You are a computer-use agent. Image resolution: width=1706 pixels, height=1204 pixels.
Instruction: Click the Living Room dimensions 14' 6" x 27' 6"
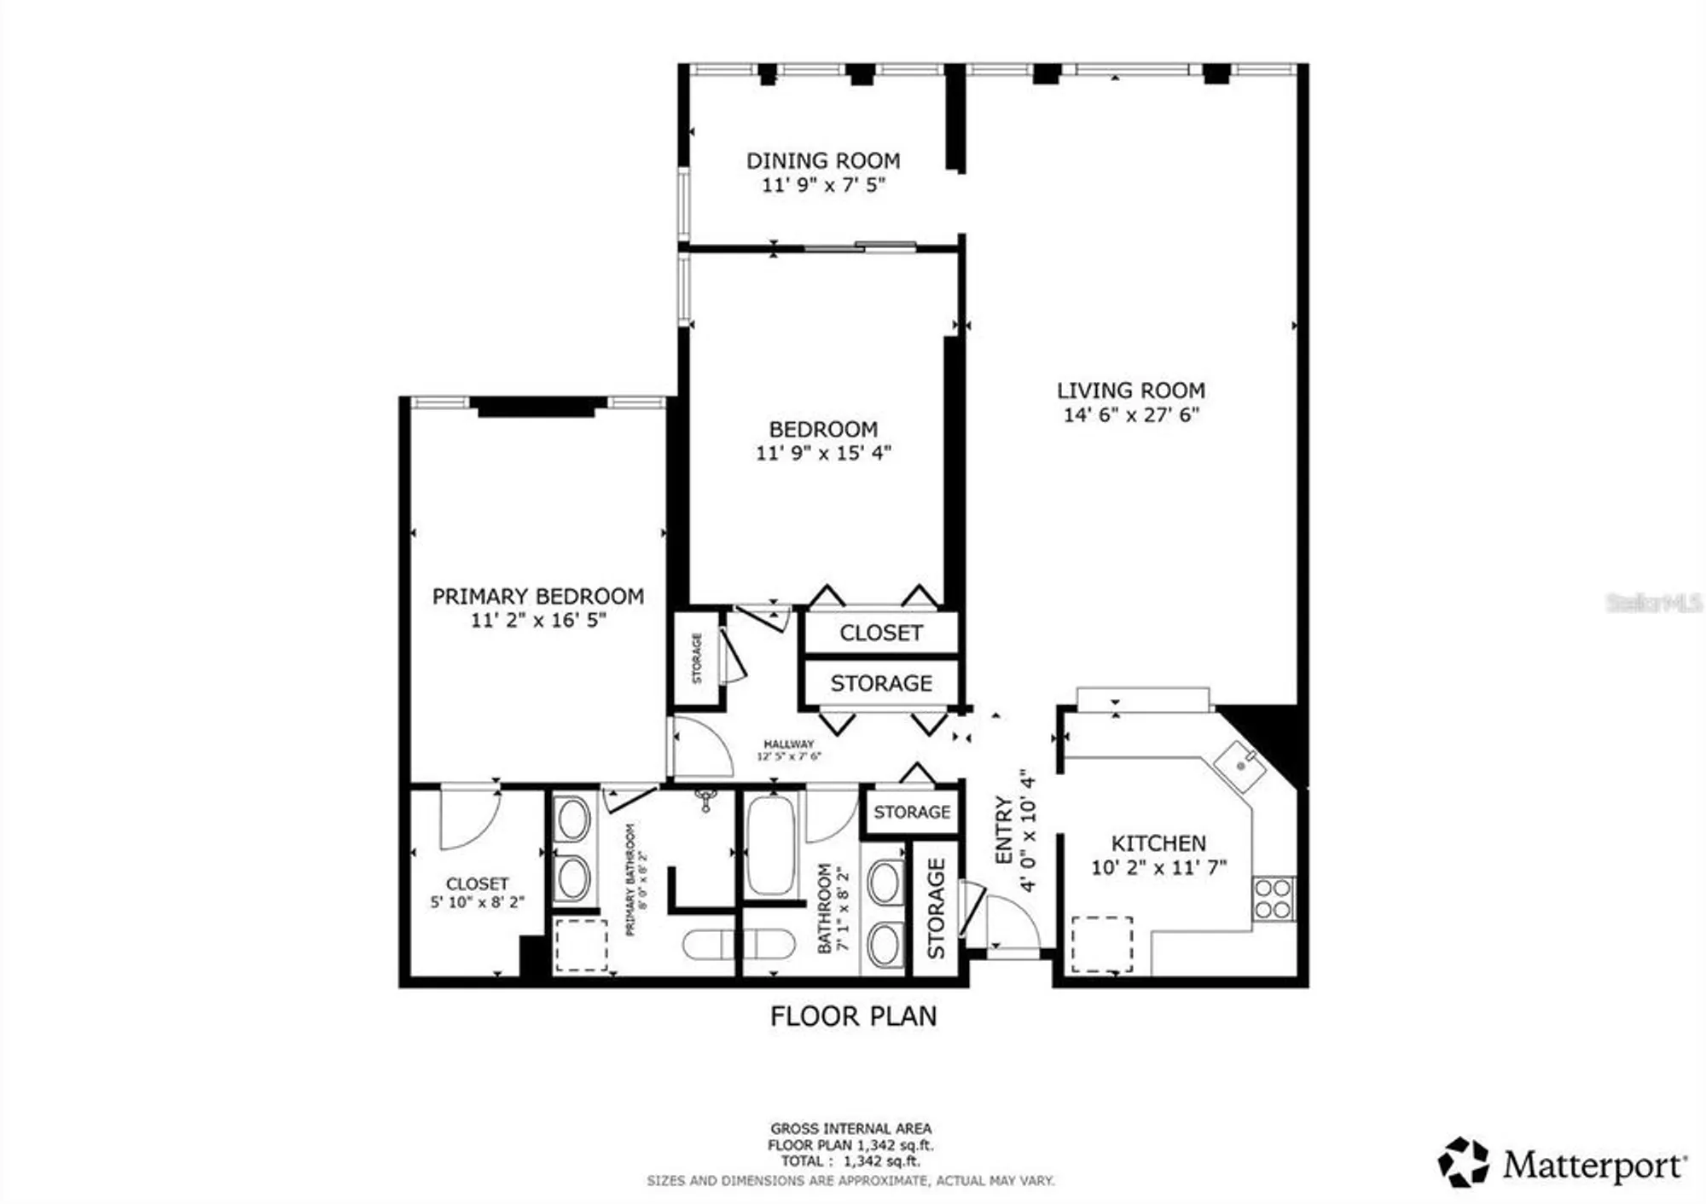coord(1131,415)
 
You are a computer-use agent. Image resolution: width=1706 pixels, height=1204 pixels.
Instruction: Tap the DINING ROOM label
coord(823,160)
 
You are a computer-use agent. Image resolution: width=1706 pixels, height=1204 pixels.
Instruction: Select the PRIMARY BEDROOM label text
coord(537,596)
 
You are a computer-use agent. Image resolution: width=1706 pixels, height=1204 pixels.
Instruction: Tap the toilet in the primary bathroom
coord(708,945)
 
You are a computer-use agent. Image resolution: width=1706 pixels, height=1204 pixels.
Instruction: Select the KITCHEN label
coord(1158,843)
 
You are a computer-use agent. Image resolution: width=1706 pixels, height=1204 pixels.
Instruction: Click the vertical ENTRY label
coord(1004,831)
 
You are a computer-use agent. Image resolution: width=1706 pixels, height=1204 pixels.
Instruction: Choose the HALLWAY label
coord(788,744)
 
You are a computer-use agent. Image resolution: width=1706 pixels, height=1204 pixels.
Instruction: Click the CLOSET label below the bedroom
coord(881,633)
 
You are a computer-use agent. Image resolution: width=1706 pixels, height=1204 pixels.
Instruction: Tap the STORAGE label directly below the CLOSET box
coord(881,683)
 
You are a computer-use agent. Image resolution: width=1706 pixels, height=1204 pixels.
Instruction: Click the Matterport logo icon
coord(1464,1161)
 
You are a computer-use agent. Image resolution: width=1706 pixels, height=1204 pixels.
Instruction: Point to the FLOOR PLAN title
coord(853,1016)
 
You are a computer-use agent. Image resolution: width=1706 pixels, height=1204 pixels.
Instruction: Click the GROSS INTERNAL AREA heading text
coord(850,1128)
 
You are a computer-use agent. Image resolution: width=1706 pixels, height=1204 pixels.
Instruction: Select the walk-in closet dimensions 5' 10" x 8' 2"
coord(477,901)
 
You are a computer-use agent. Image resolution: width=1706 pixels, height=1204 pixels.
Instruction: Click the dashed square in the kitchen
coord(1102,944)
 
